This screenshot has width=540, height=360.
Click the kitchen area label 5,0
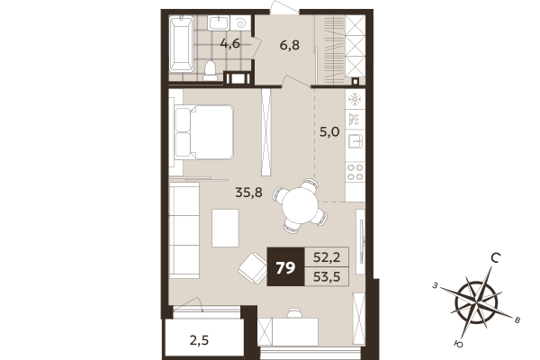tap(329, 131)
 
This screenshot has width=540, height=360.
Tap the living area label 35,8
tap(248, 191)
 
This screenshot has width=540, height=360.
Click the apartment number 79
tap(285, 266)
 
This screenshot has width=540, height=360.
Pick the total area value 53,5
tap(326, 276)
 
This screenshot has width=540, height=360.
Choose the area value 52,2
tap(326, 256)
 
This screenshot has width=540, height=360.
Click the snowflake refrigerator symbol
tap(355, 97)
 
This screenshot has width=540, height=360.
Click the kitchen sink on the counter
tap(355, 141)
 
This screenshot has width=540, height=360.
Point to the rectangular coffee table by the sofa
tap(225, 227)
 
